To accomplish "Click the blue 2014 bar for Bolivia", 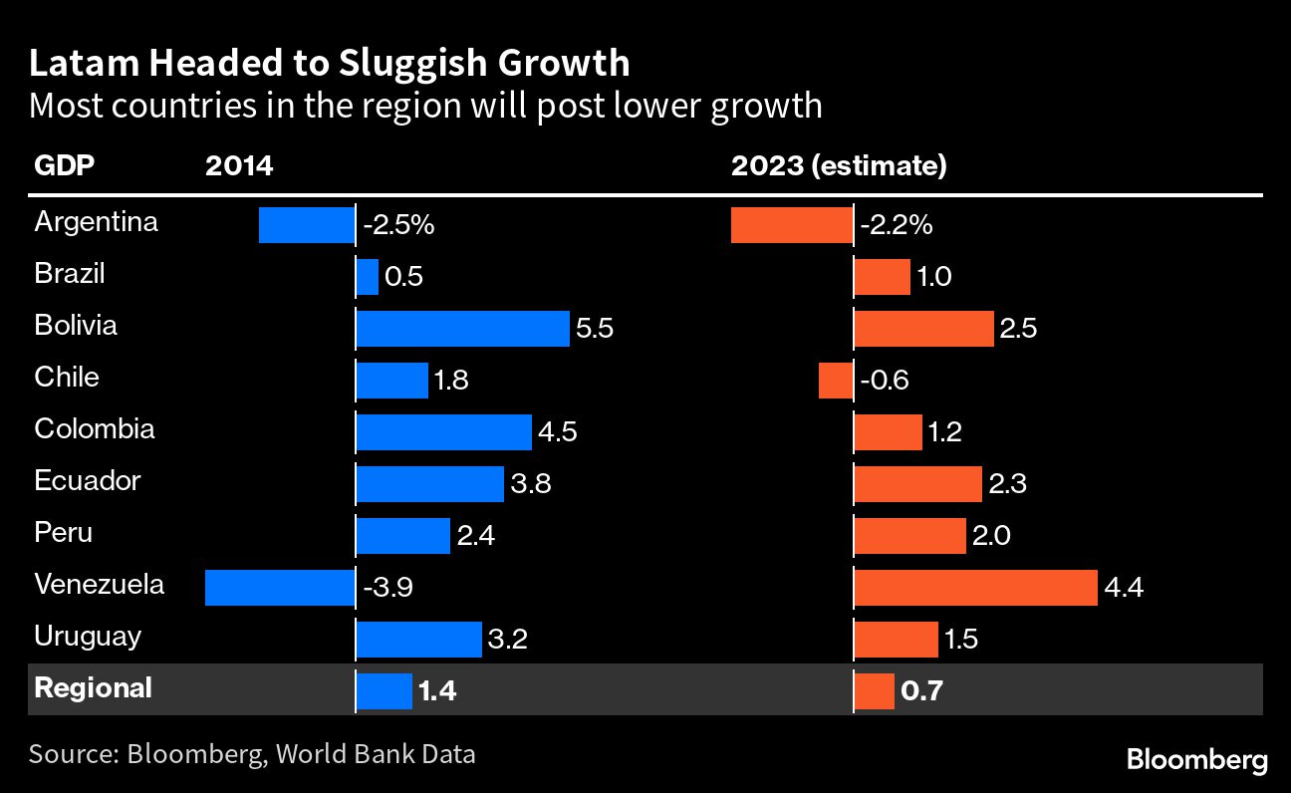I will point(462,329).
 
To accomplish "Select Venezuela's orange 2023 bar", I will point(975,588).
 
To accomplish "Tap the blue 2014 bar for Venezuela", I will point(280,588).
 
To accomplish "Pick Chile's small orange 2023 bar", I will point(835,381).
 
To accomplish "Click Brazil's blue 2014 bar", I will point(368,277).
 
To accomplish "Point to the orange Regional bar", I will point(874,691).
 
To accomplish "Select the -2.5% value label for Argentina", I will point(398,226).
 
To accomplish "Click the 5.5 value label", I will point(594,329).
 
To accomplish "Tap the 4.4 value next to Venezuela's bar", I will point(1124,588).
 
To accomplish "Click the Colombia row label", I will point(95,428).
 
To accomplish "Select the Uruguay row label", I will point(87,636).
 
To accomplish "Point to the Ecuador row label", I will point(88,480).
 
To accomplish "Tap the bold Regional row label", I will point(93,687).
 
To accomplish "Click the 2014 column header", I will point(239,166).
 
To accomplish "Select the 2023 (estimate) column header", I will point(839,166).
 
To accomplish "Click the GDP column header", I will point(65,166).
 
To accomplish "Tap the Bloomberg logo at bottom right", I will point(1197,760).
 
